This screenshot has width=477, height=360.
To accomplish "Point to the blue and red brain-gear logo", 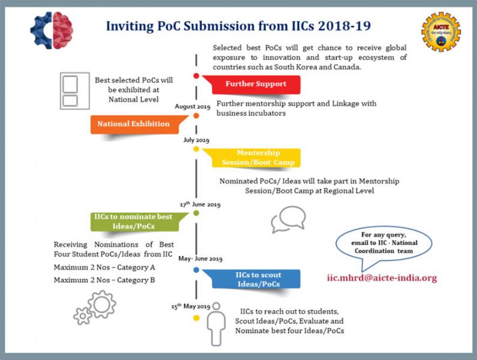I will (52, 30).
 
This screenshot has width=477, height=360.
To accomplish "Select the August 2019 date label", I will (192, 107).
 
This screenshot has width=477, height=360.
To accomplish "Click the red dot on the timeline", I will (196, 76).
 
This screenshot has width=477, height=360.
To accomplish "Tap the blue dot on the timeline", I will (196, 270).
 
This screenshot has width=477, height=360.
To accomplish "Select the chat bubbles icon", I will (288, 220).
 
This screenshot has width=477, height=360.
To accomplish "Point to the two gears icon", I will (94, 307).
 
